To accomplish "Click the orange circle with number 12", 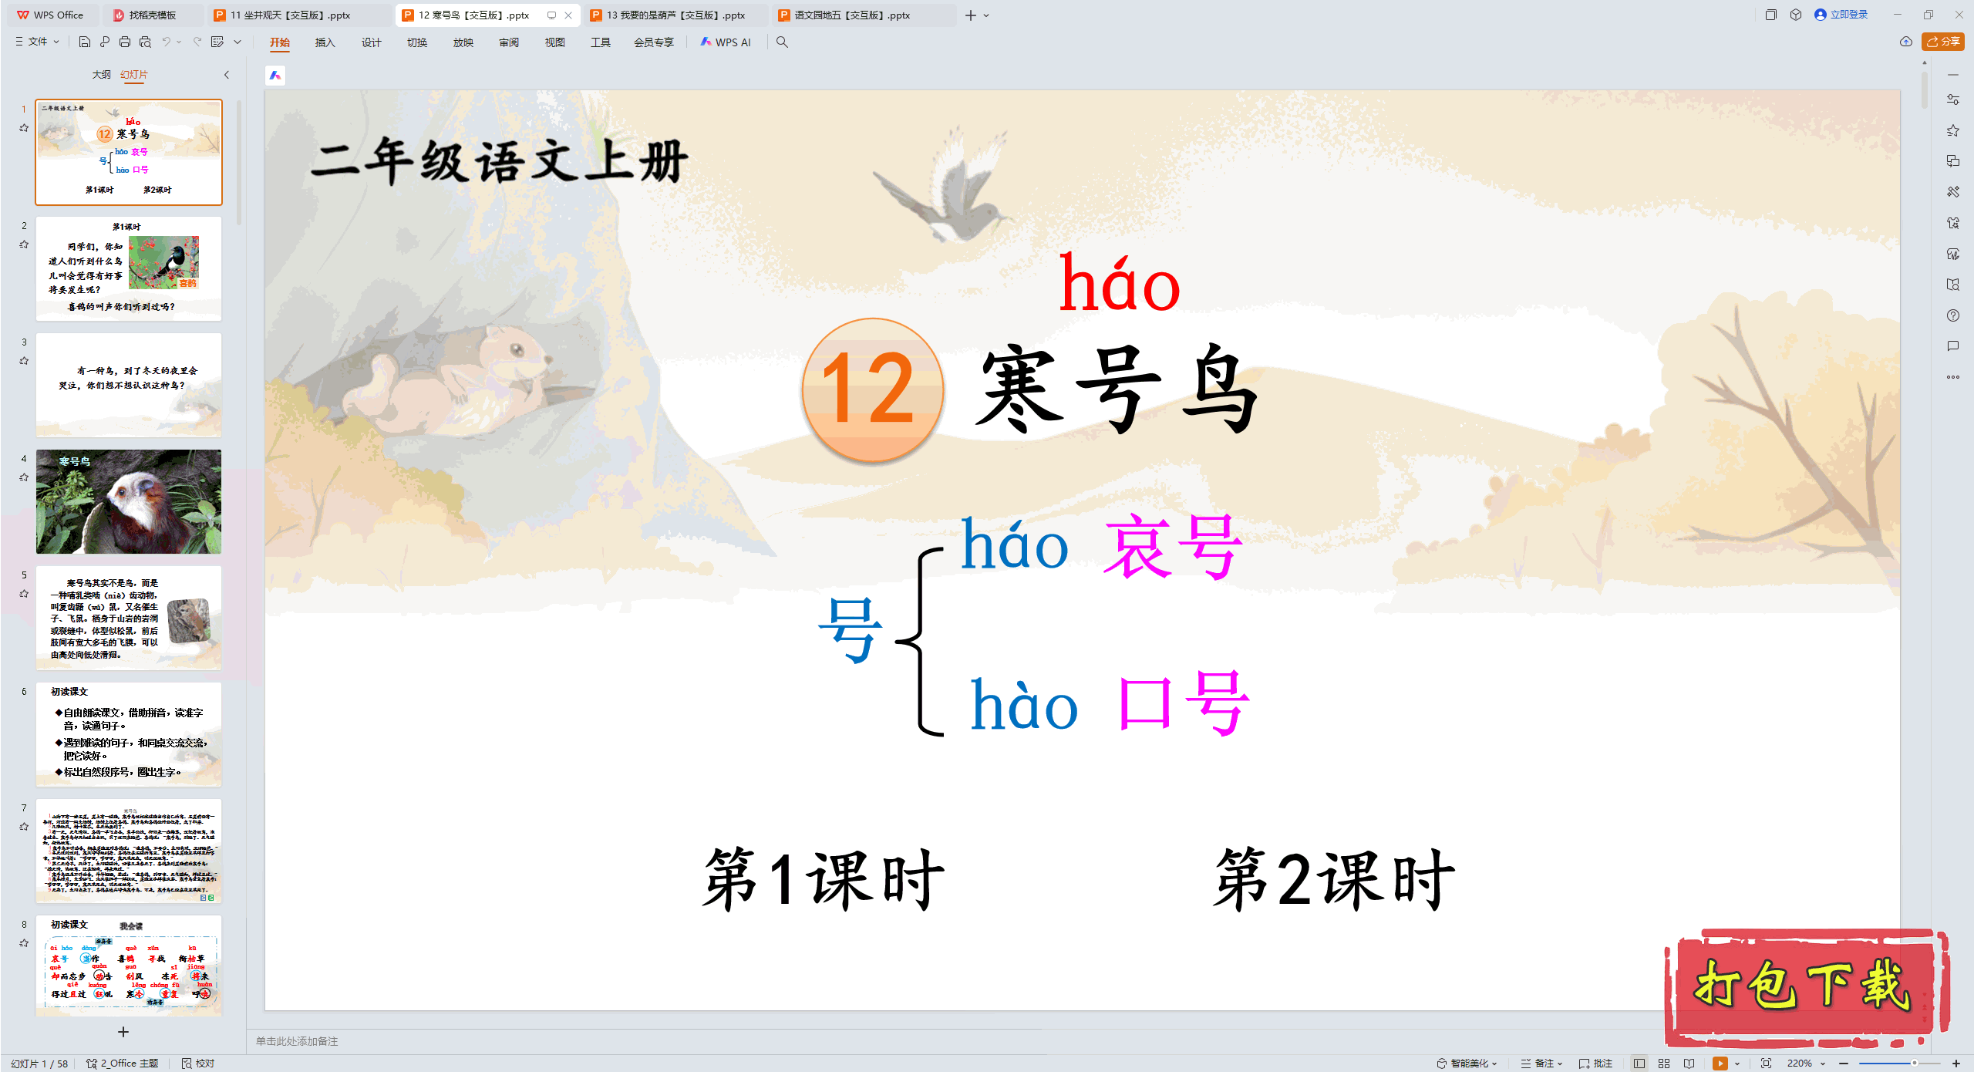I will click(872, 389).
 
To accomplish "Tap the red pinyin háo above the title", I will click(1119, 285).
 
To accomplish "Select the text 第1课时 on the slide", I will click(823, 879).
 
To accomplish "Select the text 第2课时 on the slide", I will click(1334, 879).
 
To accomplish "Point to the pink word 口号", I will click(1183, 703).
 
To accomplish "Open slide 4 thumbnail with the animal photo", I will click(129, 501).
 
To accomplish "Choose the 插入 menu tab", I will click(325, 42).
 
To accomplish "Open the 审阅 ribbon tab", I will click(508, 42).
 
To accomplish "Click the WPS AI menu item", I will click(726, 42).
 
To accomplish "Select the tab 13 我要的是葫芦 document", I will click(675, 15).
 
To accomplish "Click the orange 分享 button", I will click(1942, 42).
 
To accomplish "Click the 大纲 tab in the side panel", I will click(101, 75).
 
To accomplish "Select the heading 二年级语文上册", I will click(499, 163).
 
